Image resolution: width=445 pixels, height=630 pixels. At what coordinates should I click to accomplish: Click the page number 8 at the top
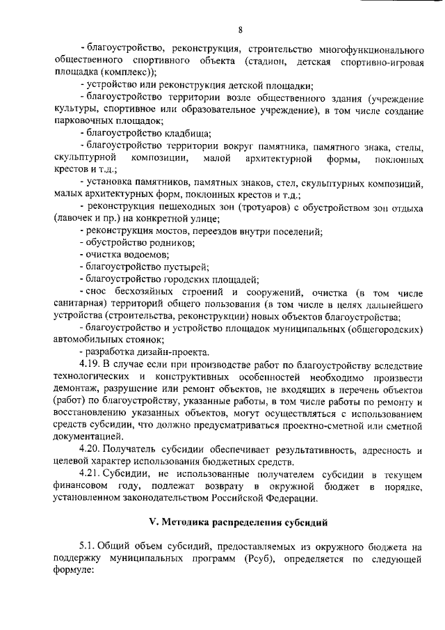pyautogui.click(x=240, y=29)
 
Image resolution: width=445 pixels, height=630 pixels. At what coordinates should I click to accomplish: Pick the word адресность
pyautogui.click(x=381, y=448)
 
